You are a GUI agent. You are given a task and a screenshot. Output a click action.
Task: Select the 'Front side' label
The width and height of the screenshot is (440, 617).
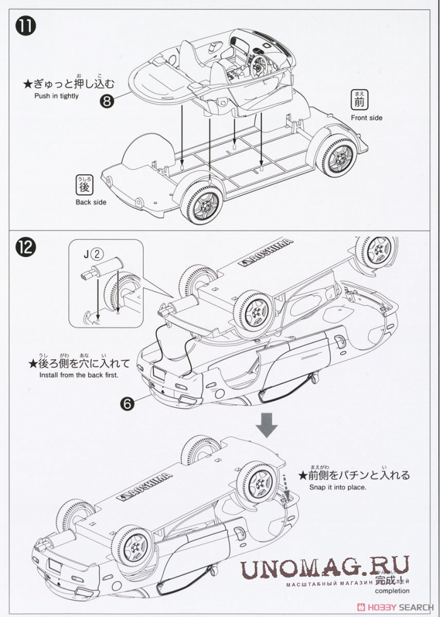click(366, 118)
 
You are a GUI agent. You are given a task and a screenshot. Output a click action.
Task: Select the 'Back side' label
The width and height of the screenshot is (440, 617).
click(91, 202)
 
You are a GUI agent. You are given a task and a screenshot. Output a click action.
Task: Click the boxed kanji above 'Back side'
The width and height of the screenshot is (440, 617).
click(83, 184)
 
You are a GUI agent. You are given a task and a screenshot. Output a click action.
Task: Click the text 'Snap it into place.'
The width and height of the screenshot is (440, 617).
click(338, 486)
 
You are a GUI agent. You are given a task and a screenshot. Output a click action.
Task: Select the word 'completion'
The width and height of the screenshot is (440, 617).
click(392, 591)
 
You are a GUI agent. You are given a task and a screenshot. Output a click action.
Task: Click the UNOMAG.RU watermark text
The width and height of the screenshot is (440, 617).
click(325, 569)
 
